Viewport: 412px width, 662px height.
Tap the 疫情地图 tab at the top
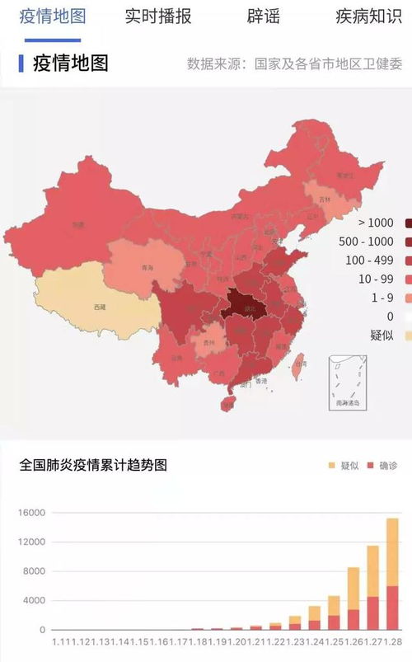52,16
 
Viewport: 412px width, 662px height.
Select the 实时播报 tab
158,16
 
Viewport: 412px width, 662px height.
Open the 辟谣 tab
262,16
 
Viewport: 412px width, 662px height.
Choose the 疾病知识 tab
368,16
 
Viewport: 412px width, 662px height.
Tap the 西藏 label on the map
100,307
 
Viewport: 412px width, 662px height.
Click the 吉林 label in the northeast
324,200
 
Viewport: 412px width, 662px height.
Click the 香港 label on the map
261,381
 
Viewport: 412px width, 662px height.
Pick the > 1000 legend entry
376,223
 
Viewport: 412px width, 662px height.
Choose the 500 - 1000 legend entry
368,242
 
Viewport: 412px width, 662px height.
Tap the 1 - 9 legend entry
382,298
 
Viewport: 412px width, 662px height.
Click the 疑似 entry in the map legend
382,335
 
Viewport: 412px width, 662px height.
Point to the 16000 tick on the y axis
30,513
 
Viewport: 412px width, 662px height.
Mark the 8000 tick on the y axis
34,571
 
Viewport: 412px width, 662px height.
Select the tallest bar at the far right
393,574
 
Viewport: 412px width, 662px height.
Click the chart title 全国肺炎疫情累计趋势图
93,465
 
